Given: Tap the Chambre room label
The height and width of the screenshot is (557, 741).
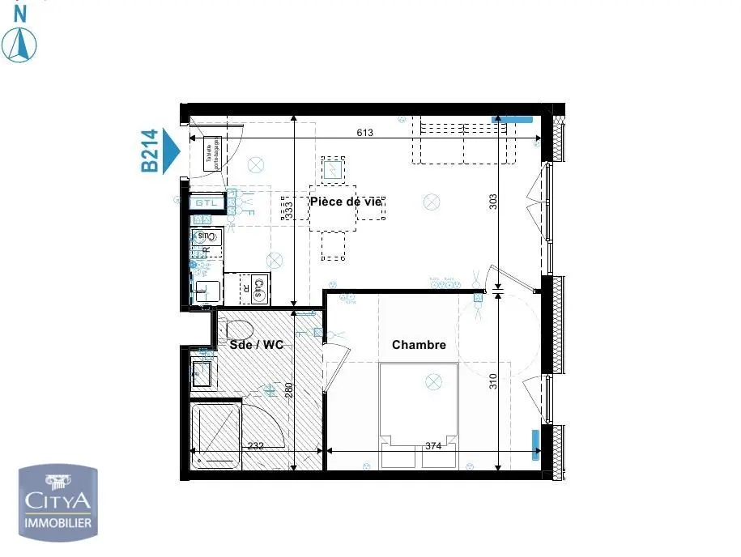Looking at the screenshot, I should coord(419,345).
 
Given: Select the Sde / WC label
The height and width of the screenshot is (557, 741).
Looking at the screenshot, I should coord(256,345).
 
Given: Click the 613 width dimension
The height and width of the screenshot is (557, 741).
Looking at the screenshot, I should coord(364,133).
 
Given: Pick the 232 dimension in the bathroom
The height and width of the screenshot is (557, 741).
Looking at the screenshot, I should coord(256,445).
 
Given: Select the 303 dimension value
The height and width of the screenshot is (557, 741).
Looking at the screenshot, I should coord(494,201).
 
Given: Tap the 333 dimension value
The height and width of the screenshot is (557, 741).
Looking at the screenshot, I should coord(288,210).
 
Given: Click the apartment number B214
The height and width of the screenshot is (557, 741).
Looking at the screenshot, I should coord(150,151).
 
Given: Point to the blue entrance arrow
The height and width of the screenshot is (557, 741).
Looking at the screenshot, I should coord(171,151).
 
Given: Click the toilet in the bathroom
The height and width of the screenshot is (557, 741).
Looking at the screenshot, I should coord(238,328).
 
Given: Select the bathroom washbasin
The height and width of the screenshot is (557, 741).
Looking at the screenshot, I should coord(201,372).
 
